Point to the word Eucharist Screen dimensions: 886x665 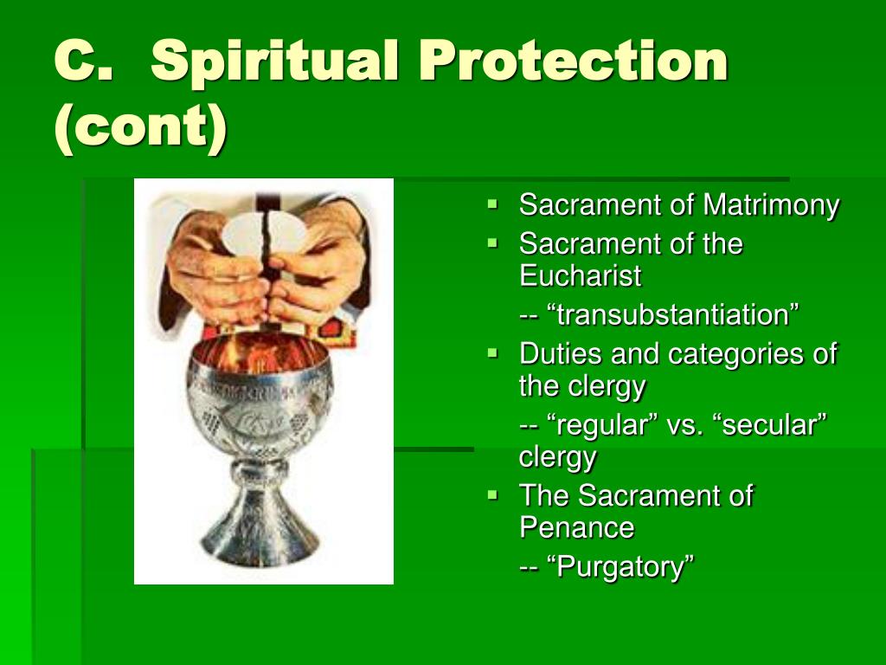[581, 276]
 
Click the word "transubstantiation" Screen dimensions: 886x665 [673, 314]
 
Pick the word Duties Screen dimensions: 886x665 [561, 354]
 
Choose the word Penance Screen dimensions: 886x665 [577, 527]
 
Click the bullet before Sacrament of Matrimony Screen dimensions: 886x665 [492, 203]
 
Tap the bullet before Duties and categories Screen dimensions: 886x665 [492, 353]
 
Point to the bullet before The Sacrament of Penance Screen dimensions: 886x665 [492, 495]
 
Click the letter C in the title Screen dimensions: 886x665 [76, 61]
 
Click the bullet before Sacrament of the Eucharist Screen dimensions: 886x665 [492, 243]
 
